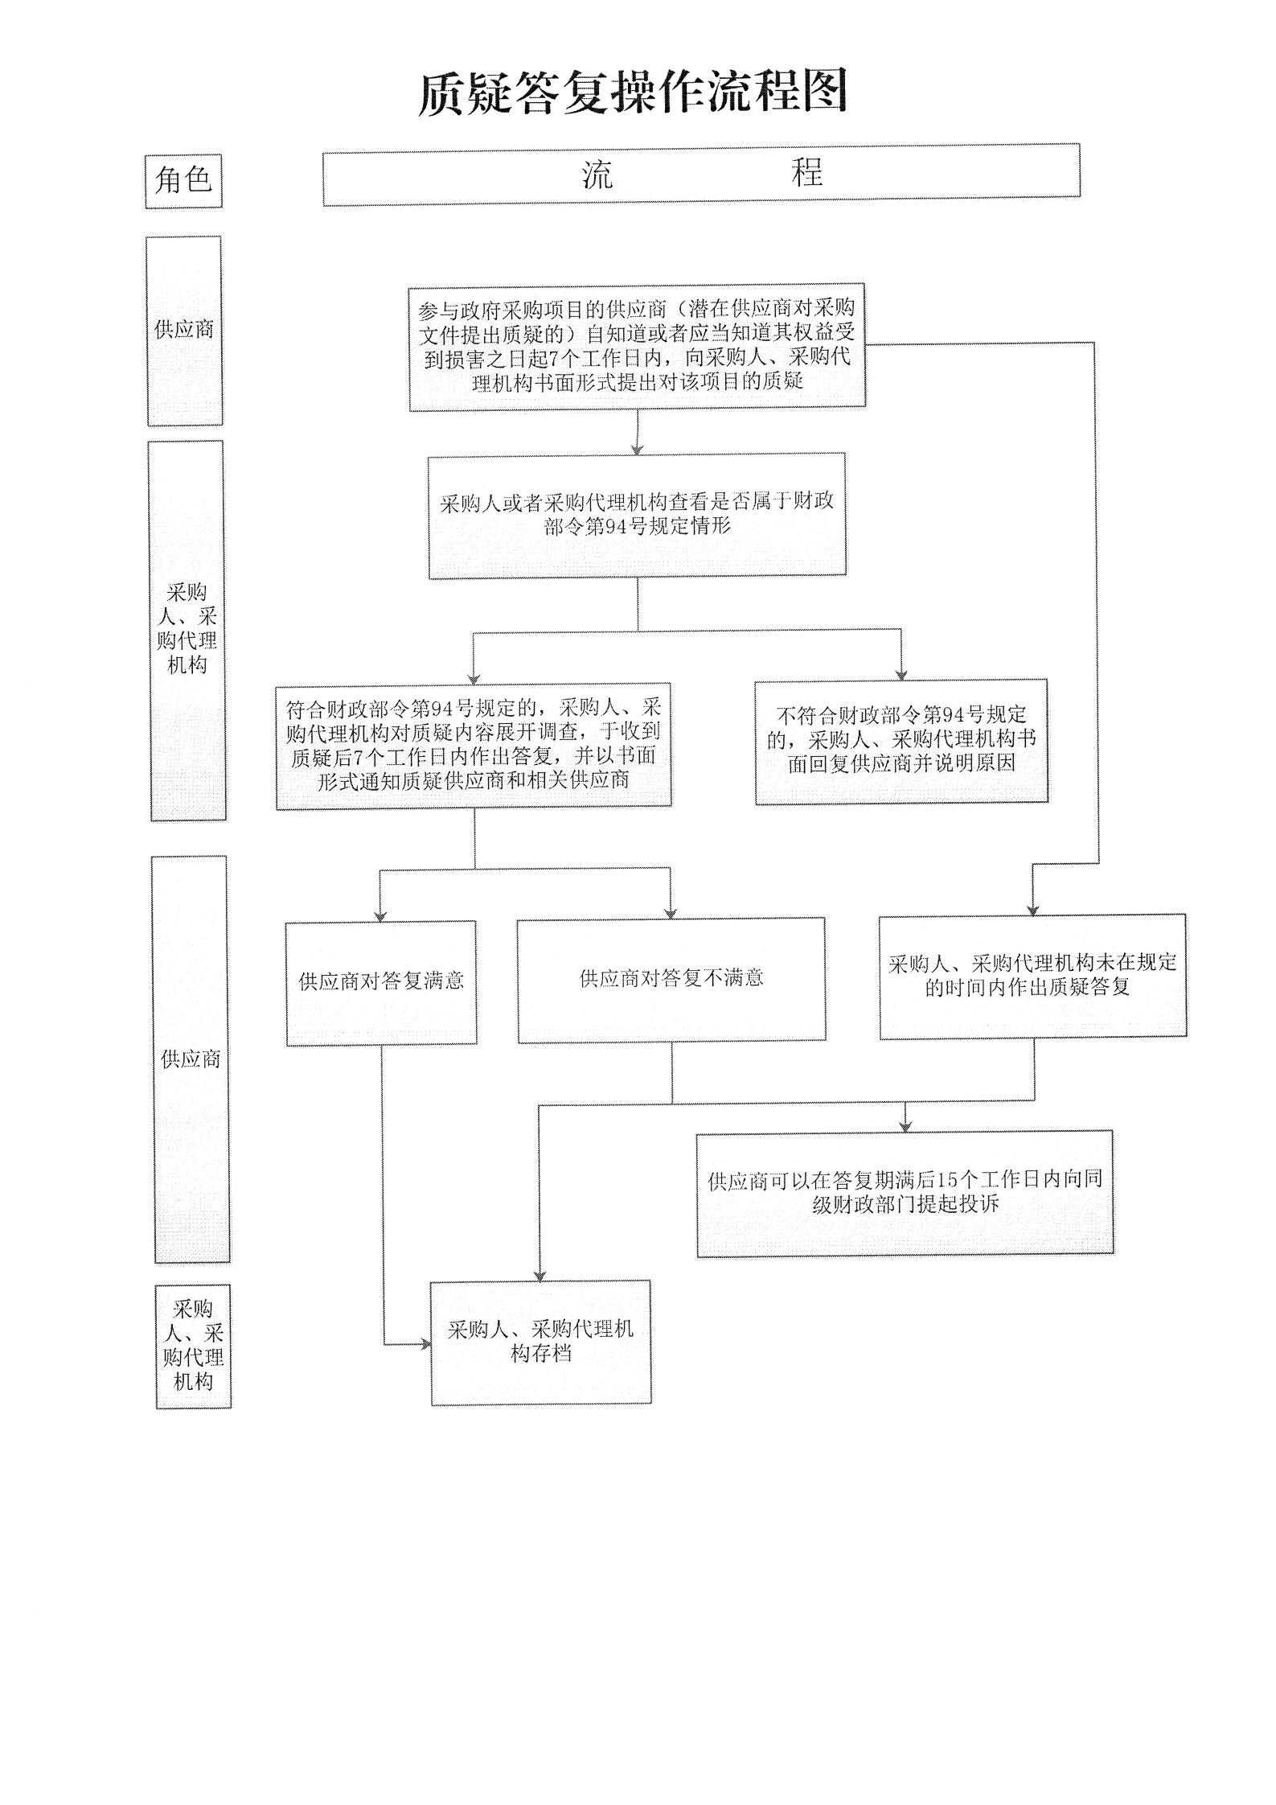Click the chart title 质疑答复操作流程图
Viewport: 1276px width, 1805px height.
pos(633,93)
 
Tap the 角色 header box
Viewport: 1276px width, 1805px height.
pos(183,181)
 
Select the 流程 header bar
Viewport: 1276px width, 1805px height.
pos(701,174)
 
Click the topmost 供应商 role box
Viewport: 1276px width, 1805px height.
pos(184,331)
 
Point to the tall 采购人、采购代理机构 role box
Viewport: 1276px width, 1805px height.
pos(188,630)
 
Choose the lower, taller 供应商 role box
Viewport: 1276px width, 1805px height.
pos(191,1059)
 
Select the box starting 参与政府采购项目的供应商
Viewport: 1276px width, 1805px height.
pos(637,347)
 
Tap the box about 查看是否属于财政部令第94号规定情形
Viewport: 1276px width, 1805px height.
pos(637,516)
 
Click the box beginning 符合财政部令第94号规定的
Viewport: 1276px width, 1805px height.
pos(474,745)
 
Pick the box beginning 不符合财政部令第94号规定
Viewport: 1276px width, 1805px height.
pos(901,741)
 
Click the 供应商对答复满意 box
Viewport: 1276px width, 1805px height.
pos(381,982)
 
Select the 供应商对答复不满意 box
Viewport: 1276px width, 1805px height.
pos(671,980)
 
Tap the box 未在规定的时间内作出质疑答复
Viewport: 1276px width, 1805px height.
pos(1032,976)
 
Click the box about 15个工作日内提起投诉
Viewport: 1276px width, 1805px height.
pos(905,1193)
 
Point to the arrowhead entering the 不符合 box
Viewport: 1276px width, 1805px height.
pos(901,675)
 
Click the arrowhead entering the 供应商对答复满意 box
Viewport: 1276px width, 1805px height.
pos(381,916)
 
